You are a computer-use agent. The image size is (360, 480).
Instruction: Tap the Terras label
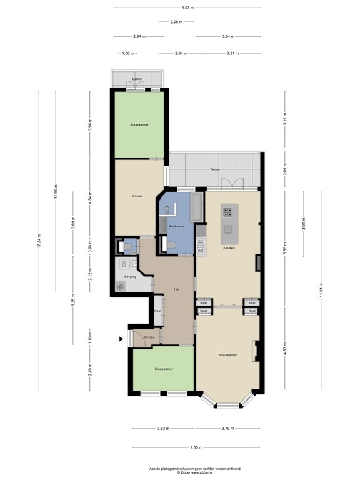[214, 169]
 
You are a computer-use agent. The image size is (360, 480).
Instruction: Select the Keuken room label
[229, 248]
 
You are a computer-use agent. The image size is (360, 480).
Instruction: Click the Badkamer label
[176, 226]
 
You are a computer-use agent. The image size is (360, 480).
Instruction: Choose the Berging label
[130, 276]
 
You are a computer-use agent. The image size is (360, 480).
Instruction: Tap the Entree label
[149, 337]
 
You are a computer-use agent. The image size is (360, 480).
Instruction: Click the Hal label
[177, 289]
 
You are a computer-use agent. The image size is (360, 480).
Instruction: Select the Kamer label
[137, 196]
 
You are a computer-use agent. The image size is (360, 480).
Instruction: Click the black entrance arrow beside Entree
[121, 339]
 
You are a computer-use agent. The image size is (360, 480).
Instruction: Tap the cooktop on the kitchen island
[228, 212]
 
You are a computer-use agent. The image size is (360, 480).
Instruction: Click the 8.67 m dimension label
[187, 7]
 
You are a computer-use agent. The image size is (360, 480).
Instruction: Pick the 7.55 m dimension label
[196, 447]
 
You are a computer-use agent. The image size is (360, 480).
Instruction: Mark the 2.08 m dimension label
[177, 22]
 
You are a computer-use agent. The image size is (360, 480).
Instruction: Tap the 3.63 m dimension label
[164, 428]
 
